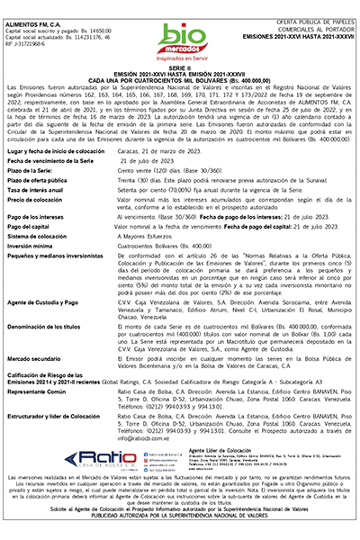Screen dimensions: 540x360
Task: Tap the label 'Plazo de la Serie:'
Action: pyautogui.click(x=43, y=169)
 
